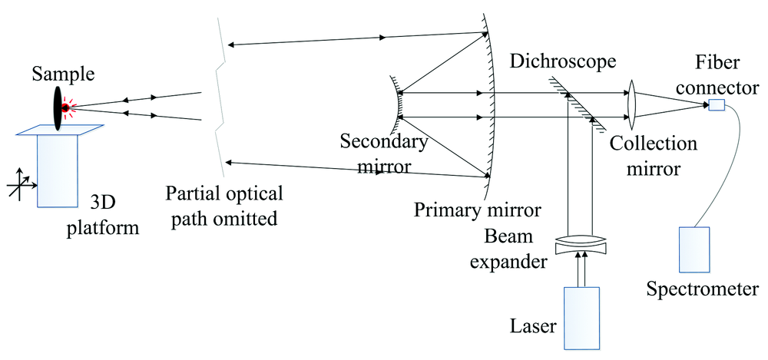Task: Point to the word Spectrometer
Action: click(x=703, y=290)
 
